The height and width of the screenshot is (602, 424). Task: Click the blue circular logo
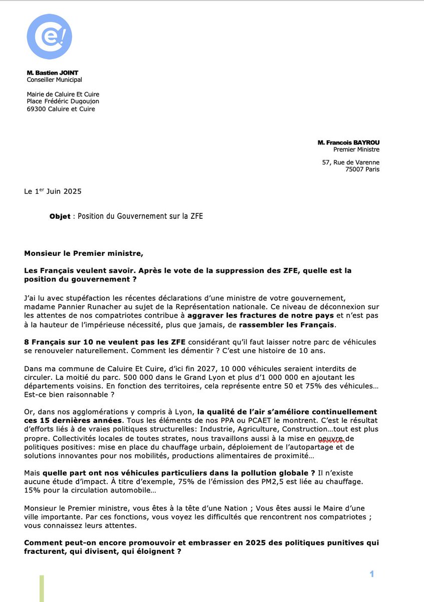coord(49,37)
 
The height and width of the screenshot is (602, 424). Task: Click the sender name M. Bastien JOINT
coord(52,73)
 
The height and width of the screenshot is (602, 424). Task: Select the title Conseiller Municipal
coord(54,80)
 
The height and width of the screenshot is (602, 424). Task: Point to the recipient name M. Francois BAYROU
coord(348,142)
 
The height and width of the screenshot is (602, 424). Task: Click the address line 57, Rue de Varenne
coord(350,162)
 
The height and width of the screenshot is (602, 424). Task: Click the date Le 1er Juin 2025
coord(53,192)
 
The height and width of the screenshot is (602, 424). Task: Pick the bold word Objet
coord(60,217)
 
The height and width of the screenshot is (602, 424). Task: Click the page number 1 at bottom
coord(372,574)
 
